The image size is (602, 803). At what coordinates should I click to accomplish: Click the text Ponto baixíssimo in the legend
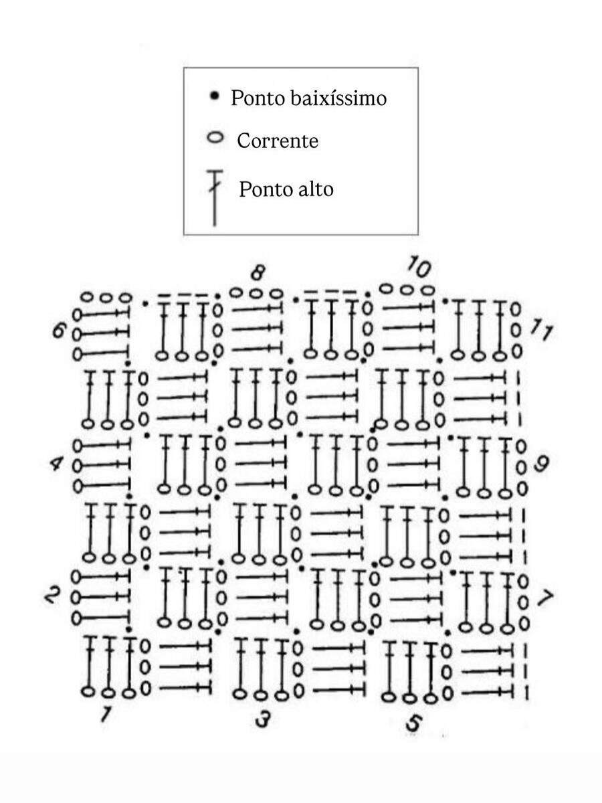tap(308, 98)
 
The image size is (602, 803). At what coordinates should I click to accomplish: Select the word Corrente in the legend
tap(278, 141)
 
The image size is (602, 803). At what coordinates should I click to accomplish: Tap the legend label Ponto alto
tap(286, 189)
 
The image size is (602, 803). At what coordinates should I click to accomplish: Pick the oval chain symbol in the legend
tap(215, 139)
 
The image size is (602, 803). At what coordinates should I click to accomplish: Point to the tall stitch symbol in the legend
tap(214, 198)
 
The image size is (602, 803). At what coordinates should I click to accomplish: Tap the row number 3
tap(263, 719)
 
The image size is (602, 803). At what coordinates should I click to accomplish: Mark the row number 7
tap(545, 598)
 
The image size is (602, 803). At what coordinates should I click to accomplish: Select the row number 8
tap(258, 273)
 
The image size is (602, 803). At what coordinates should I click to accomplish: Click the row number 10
tap(418, 268)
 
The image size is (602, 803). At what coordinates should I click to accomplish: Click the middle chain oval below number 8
tap(256, 293)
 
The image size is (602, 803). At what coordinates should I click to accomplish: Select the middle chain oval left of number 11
tap(515, 330)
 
